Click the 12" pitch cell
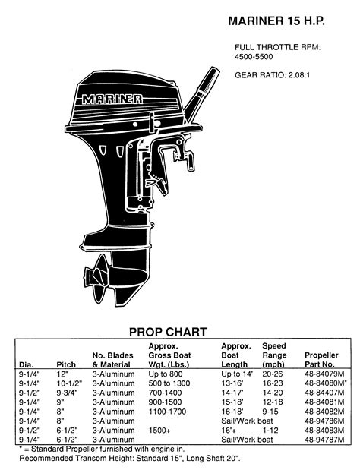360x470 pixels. pos(62,374)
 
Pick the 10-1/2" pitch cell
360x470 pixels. pos(69,385)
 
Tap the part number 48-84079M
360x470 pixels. pos(324,374)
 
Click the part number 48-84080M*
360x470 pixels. pos(326,385)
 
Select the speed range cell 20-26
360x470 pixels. pos(273,374)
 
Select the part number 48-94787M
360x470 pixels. pos(324,439)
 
